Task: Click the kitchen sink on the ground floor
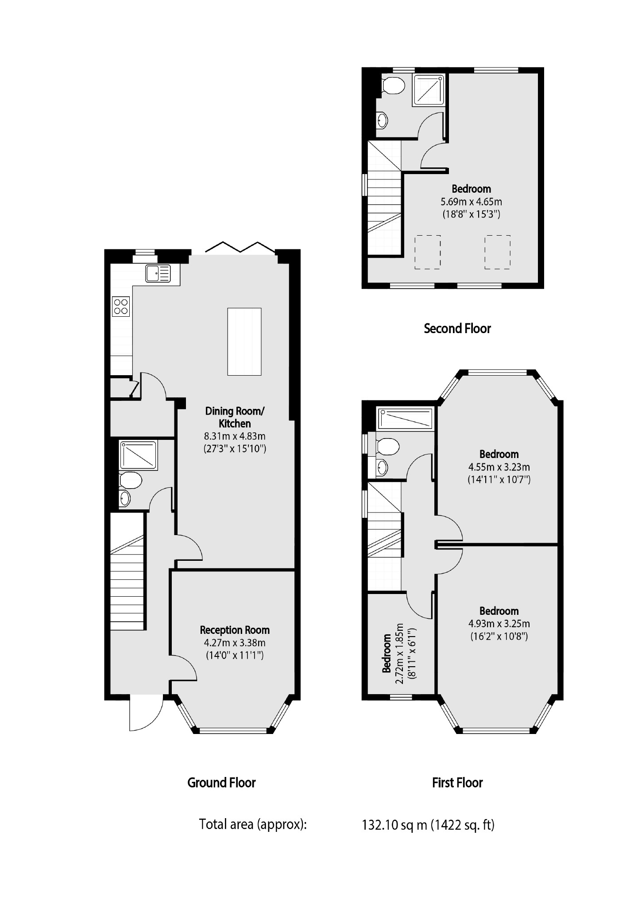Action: (x=158, y=273)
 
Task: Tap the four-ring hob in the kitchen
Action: (x=121, y=306)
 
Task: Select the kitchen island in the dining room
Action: (x=244, y=342)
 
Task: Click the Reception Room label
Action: (x=235, y=630)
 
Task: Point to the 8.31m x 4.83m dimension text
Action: (x=235, y=436)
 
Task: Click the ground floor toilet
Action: (x=130, y=480)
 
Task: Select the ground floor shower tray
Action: (x=138, y=455)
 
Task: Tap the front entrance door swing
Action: (x=144, y=714)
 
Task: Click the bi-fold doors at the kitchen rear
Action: (x=240, y=247)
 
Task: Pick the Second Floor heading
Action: (x=457, y=329)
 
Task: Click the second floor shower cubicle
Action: (x=428, y=90)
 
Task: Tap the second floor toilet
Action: (x=393, y=85)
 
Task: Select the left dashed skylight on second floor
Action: (x=427, y=252)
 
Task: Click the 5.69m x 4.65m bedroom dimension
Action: (x=471, y=202)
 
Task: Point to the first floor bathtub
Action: (x=405, y=419)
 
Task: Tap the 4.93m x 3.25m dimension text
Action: (x=499, y=624)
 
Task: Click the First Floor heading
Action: (x=457, y=783)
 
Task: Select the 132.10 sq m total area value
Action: (x=394, y=825)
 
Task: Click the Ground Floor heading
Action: (x=221, y=783)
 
